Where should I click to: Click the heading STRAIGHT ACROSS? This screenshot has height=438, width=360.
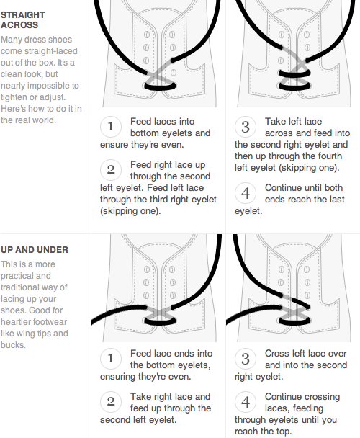tap(22, 20)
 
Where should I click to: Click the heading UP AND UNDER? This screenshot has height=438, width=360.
tap(35, 250)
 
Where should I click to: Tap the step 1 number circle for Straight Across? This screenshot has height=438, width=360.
tap(111, 127)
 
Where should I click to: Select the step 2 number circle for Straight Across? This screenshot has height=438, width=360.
tap(111, 170)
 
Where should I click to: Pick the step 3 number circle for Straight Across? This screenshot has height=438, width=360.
tap(246, 127)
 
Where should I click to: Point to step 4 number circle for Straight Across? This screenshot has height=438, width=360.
tap(246, 193)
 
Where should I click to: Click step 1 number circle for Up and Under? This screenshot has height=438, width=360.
tap(111, 359)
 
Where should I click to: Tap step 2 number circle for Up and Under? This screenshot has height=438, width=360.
tap(111, 402)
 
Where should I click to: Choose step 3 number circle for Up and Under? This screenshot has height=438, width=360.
tap(246, 359)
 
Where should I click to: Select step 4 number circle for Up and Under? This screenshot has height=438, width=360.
tap(246, 402)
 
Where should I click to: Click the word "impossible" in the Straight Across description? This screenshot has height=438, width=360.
tap(51, 86)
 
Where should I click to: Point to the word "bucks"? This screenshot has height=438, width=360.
tap(13, 345)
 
